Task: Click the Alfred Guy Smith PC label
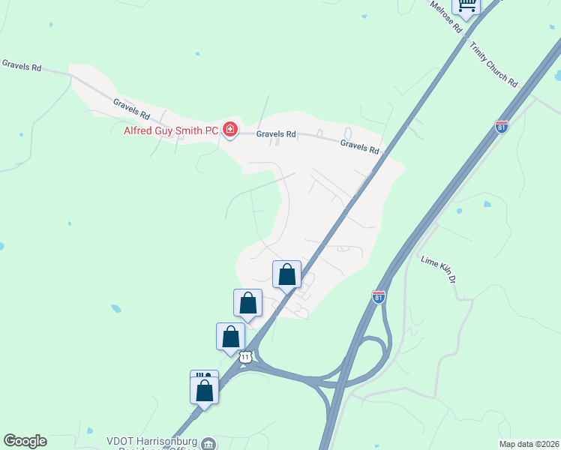[170, 130]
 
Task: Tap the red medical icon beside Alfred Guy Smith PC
[229, 130]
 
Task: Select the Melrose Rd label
[445, 16]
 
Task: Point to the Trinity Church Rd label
[494, 64]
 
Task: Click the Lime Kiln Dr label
[439, 269]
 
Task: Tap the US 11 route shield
[245, 358]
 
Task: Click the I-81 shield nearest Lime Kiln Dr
[379, 297]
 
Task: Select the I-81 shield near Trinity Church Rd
[502, 126]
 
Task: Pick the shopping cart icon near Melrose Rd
[466, 7]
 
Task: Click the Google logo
[25, 441]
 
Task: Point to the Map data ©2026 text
[529, 444]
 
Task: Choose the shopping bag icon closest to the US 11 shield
[230, 337]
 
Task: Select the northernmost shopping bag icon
[286, 274]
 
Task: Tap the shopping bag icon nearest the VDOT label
[204, 390]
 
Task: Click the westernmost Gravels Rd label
[21, 66]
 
